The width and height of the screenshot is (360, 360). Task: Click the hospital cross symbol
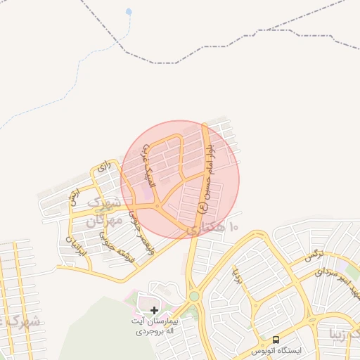[x=154, y=310]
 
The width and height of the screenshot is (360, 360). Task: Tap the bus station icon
[x=275, y=339]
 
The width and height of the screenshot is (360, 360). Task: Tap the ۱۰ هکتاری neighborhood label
[x=214, y=227]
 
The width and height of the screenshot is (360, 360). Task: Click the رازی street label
[x=105, y=167]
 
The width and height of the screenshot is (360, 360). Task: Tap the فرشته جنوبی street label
[x=108, y=240]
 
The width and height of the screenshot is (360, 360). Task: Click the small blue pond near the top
[x=128, y=12]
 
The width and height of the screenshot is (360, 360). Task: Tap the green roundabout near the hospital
[x=193, y=297]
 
